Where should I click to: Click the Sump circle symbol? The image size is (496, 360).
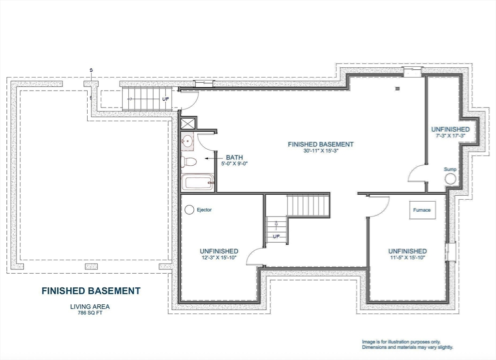tap(450, 179)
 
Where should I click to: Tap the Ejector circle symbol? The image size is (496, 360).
tap(189, 210)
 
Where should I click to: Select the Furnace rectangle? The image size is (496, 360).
tap(421, 210)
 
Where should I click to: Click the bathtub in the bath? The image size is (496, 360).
tap(197, 183)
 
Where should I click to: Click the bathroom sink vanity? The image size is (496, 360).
tap(187, 142)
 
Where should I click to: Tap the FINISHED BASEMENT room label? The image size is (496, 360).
tap(320, 144)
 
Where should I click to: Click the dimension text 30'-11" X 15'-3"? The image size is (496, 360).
tap(320, 151)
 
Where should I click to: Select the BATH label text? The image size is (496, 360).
tap(234, 157)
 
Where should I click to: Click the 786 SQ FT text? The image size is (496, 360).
tap(90, 313)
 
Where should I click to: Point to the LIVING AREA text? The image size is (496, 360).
tap(90, 306)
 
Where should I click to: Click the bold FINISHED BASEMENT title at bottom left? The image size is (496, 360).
tap(91, 291)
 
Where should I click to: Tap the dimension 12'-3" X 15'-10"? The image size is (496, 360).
tap(219, 258)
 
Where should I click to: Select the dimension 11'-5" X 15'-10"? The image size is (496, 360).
tap(407, 258)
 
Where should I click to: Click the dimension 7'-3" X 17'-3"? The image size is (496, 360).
tap(450, 136)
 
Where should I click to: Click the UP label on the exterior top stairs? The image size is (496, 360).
tap(165, 98)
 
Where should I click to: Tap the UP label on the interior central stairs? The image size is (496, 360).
tap(277, 236)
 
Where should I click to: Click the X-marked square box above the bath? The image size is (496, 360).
tap(188, 123)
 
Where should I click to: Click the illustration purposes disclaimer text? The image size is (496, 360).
tap(407, 344)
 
